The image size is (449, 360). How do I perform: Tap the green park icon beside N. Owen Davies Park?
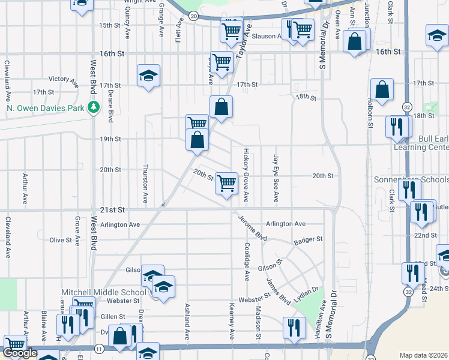coord(93,108)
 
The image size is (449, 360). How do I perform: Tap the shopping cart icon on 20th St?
coord(226,183)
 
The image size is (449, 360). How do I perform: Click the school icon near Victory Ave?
coord(148,76)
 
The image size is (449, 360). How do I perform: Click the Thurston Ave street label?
coord(145,184)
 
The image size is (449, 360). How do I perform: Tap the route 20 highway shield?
coord(192,16)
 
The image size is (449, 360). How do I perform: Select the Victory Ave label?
coord(64,79)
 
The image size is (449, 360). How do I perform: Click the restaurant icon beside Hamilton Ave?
coord(292,328)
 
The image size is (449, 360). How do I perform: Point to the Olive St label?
coord(61,240)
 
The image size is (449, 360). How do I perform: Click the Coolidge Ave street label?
coord(247,262)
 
